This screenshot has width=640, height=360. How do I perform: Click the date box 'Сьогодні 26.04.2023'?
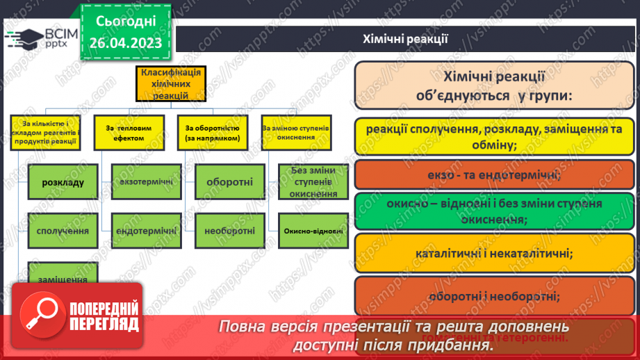(125, 32)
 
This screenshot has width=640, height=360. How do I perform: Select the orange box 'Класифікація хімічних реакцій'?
(170, 84)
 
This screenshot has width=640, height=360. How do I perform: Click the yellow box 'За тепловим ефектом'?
(134, 133)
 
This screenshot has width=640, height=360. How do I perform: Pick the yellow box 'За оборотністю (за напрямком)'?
(212, 133)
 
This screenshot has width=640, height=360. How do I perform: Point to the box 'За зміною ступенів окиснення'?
(295, 133)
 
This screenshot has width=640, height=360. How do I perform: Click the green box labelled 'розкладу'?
(63, 183)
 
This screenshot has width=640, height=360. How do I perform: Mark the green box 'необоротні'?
(229, 230)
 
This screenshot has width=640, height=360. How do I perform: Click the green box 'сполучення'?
(63, 230)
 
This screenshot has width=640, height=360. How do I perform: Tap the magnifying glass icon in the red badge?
(40, 312)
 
